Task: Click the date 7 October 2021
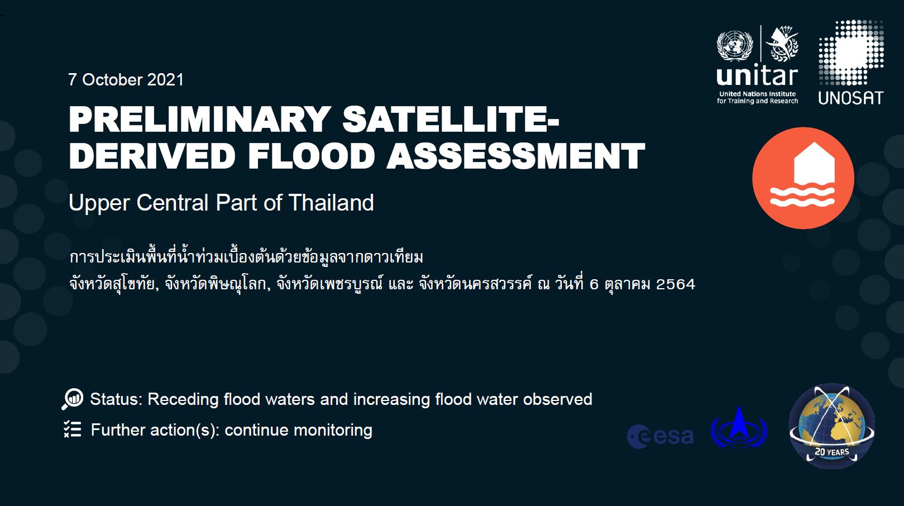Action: (126, 80)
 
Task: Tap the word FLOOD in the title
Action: (311, 156)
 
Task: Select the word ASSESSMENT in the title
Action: (515, 156)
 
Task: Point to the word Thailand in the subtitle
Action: (331, 203)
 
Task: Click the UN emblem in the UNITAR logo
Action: (734, 46)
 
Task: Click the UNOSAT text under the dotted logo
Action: (850, 98)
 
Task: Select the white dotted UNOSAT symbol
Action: (850, 54)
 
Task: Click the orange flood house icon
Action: (803, 178)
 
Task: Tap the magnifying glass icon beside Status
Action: (73, 399)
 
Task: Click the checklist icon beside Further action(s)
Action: (73, 429)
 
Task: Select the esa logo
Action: (660, 436)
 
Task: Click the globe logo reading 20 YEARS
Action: (831, 426)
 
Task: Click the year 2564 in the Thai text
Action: (676, 284)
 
